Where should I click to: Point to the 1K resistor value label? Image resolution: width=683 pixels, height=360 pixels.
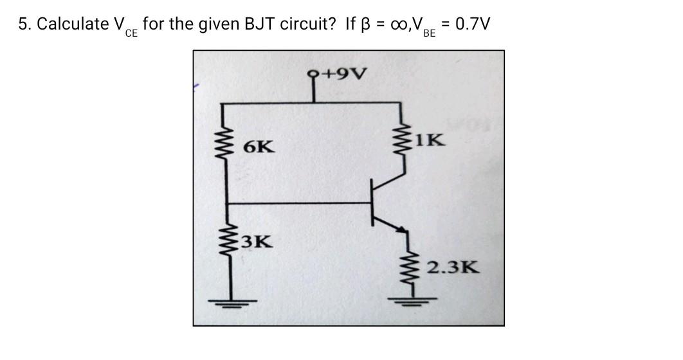point(428,139)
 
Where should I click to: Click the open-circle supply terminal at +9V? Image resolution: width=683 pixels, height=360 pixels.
point(316,72)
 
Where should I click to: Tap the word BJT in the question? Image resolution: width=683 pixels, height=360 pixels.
point(260,24)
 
